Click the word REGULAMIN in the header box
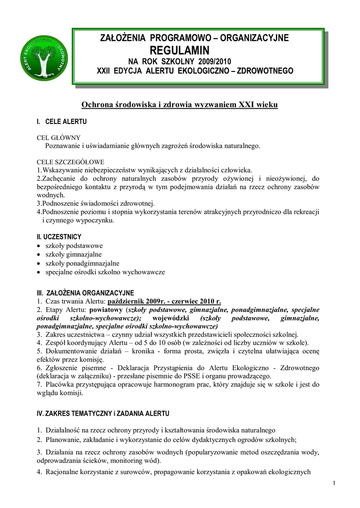(180, 50)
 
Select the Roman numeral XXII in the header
(105, 71)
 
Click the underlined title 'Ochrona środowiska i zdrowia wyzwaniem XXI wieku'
(180, 105)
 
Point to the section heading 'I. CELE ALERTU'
(62, 122)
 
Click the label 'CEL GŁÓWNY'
(59, 138)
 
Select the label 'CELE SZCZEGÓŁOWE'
(71, 162)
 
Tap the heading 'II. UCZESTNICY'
(59, 237)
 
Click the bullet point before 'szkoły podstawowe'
(39, 246)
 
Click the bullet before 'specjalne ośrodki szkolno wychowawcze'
(39, 272)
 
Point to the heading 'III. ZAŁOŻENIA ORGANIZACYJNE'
(85, 293)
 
